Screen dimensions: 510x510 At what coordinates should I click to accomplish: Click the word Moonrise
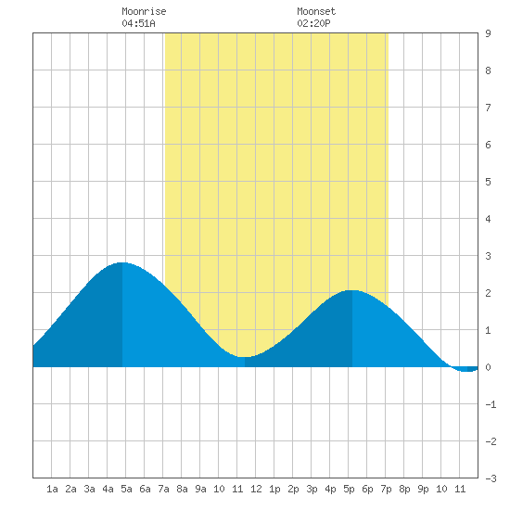point(144,11)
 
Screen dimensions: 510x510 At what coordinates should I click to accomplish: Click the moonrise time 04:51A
point(138,23)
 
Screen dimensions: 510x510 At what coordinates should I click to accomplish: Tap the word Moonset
point(316,11)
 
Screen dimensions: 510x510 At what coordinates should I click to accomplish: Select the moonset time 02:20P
point(313,23)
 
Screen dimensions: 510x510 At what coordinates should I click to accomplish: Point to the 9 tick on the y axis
point(488,33)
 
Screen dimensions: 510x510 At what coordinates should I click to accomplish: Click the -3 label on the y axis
point(491,478)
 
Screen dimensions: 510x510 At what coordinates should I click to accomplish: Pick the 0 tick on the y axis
point(488,367)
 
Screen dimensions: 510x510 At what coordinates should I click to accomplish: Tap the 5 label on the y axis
point(488,182)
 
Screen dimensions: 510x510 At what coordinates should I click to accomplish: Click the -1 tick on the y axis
point(491,404)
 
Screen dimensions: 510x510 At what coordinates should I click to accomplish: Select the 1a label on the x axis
point(52,489)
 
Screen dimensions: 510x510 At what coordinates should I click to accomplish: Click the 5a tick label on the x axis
point(126,489)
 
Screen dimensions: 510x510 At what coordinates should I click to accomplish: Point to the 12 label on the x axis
point(256,489)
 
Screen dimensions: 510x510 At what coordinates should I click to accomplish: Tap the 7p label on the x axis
point(386,489)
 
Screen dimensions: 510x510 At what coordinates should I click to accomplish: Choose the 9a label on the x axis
point(200,489)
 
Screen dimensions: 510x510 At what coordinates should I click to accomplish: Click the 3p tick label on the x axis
point(312,489)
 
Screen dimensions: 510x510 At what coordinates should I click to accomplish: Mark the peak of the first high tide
point(122,262)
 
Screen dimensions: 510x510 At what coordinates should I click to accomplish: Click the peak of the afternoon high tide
point(352,290)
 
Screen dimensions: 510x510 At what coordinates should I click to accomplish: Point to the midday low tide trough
point(245,357)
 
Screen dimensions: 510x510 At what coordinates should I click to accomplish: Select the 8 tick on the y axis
point(488,70)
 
